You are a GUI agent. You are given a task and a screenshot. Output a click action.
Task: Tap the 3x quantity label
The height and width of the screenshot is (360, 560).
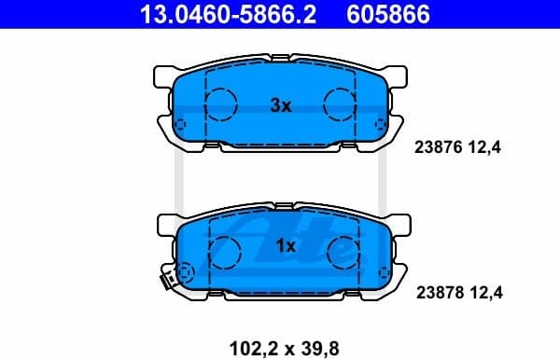[281, 106]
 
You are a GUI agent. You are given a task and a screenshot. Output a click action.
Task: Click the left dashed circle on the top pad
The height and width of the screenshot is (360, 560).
[221, 104]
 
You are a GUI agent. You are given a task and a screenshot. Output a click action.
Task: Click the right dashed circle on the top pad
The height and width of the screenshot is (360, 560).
[339, 104]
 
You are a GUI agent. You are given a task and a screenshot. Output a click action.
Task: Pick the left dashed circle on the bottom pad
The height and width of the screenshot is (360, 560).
[224, 249]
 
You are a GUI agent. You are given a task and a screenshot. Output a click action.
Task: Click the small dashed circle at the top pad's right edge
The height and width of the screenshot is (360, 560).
[379, 123]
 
